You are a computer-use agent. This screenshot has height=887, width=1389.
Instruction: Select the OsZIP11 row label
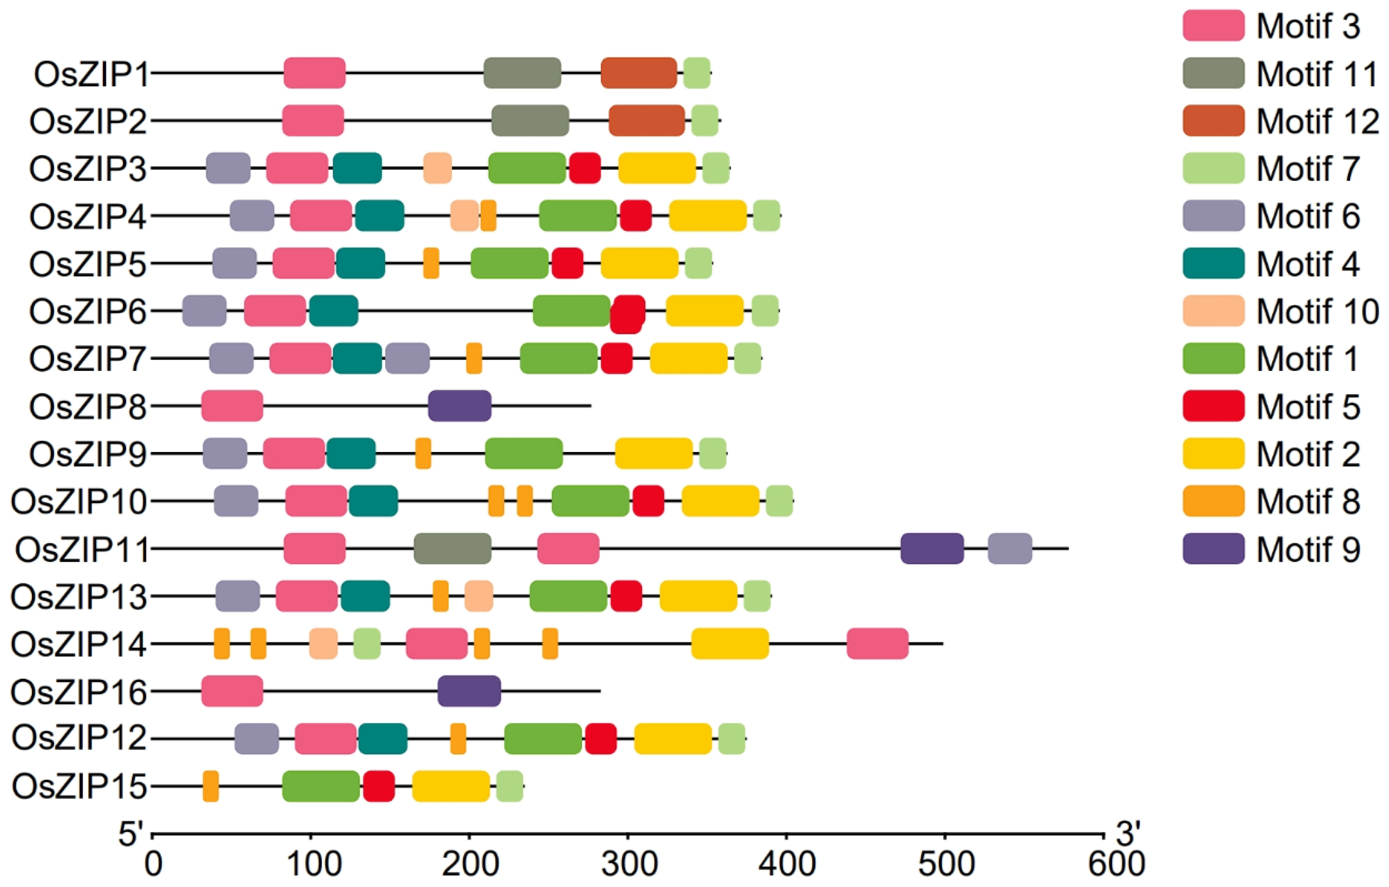82,549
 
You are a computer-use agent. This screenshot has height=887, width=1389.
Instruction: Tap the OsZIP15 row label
79,786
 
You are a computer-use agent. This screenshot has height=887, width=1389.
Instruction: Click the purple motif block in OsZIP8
460,406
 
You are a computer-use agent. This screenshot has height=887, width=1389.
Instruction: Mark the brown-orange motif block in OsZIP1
639,73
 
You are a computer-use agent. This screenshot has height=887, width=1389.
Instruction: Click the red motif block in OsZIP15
379,786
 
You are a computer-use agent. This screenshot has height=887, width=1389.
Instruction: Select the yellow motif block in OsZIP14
730,644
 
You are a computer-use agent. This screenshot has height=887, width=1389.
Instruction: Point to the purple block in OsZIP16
469,691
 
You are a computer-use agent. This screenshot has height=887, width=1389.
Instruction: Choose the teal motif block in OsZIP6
333,311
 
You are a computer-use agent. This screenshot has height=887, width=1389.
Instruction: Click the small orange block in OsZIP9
423,453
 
